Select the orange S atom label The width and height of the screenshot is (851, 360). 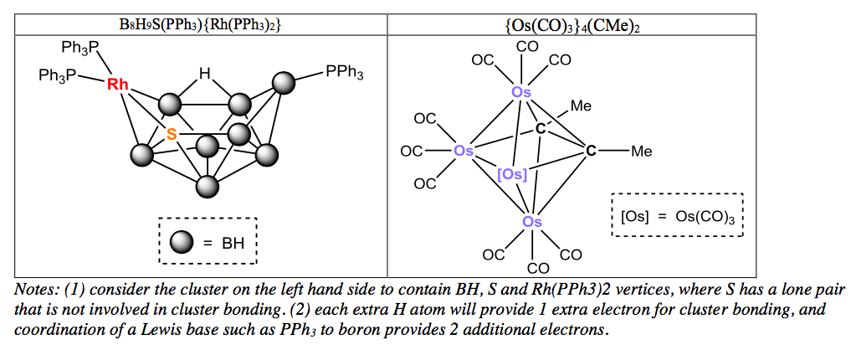(x=172, y=133)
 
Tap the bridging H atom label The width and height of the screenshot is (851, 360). (x=204, y=75)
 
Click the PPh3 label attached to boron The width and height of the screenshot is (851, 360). (x=344, y=73)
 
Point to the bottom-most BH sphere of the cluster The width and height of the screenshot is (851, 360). (x=207, y=185)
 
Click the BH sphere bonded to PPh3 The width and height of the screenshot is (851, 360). (x=285, y=83)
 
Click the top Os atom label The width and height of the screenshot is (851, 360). (x=521, y=92)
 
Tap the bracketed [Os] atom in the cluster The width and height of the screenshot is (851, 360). (x=511, y=174)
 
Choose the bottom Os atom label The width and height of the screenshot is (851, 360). (x=532, y=222)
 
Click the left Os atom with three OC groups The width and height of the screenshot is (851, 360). (x=463, y=152)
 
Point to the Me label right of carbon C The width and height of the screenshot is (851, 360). (x=641, y=152)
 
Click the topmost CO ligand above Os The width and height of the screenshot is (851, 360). (x=527, y=46)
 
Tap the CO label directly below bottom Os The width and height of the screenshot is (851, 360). (x=537, y=268)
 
